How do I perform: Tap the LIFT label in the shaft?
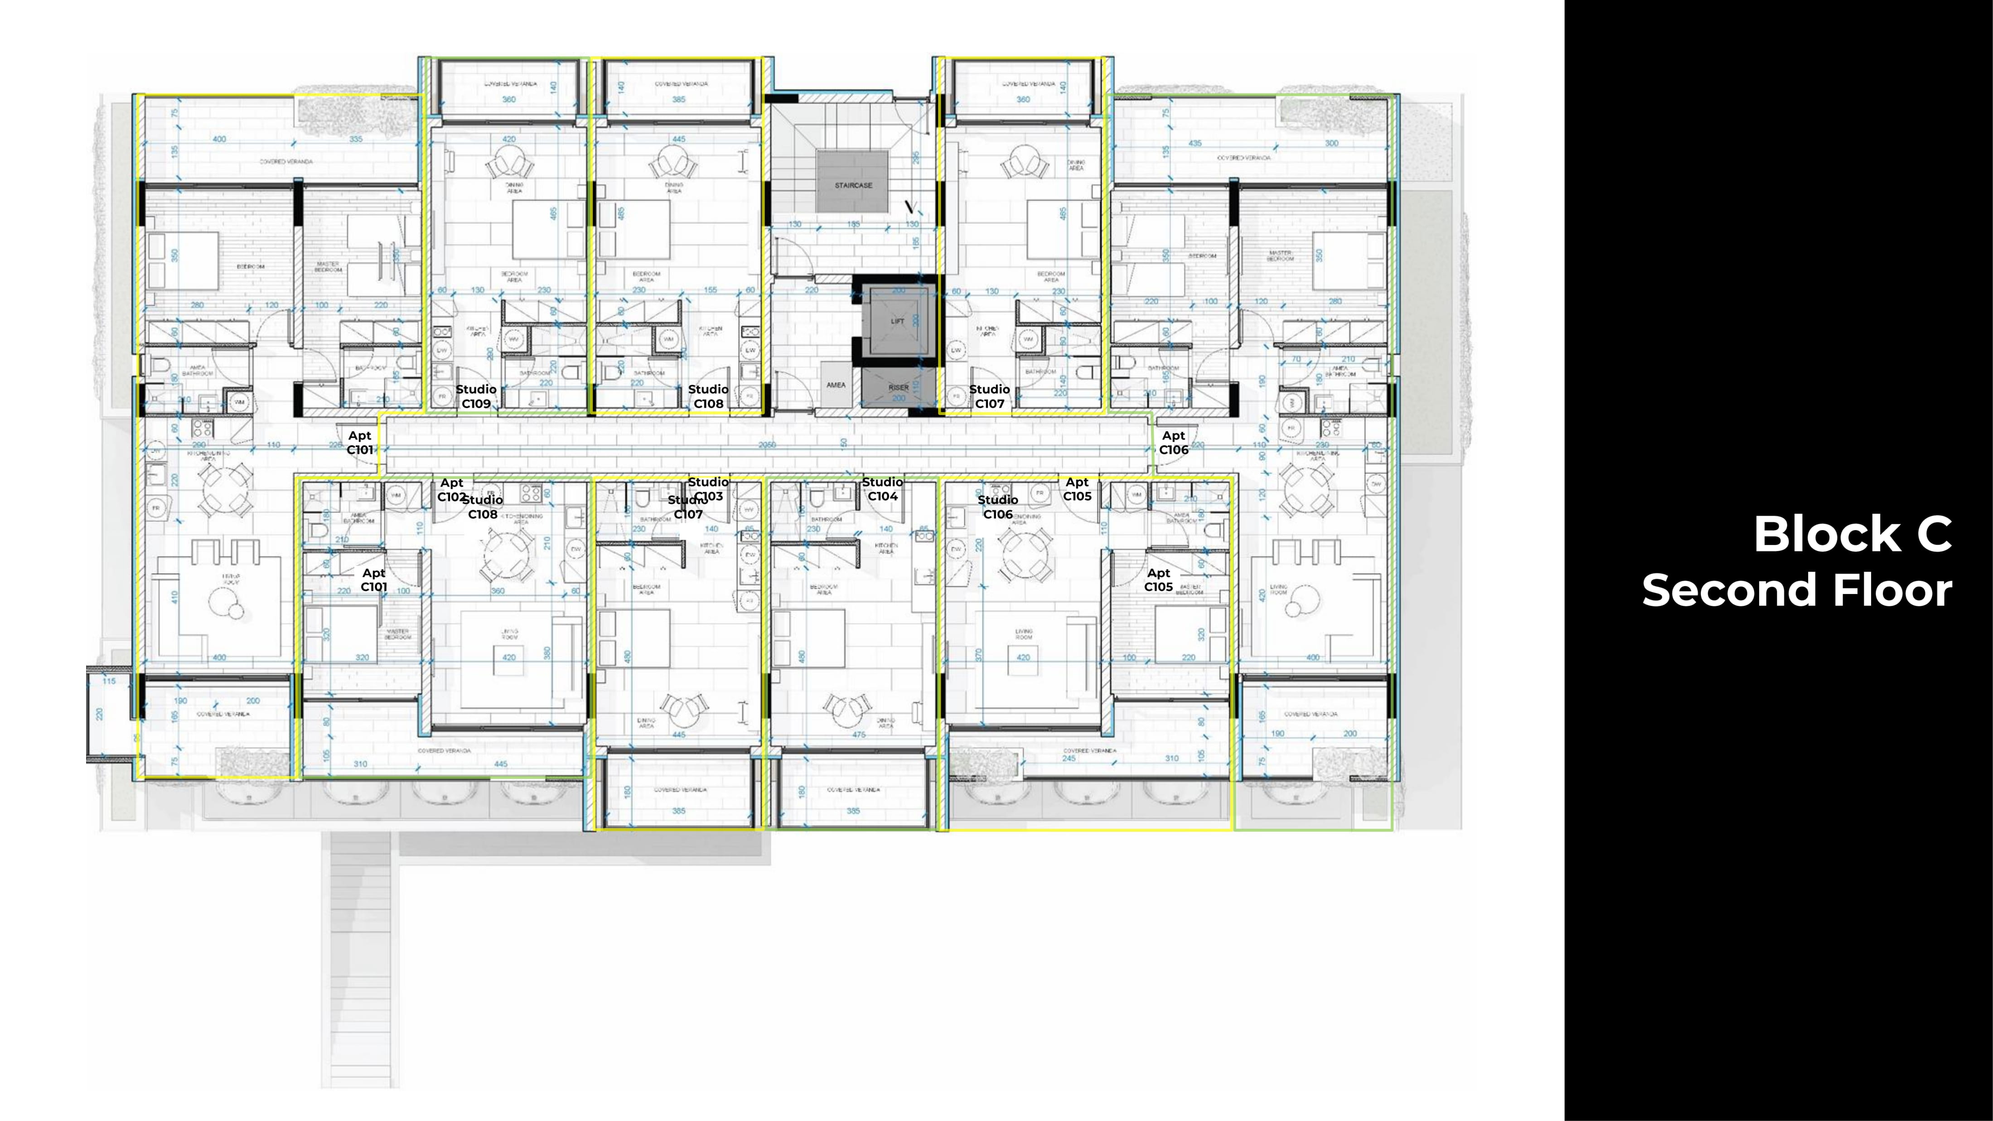(897, 321)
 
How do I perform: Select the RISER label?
(898, 387)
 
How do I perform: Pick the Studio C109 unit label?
(476, 396)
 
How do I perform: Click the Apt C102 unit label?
(452, 490)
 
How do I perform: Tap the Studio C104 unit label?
(882, 489)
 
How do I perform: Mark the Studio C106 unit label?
(997, 507)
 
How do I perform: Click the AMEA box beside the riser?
(836, 385)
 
